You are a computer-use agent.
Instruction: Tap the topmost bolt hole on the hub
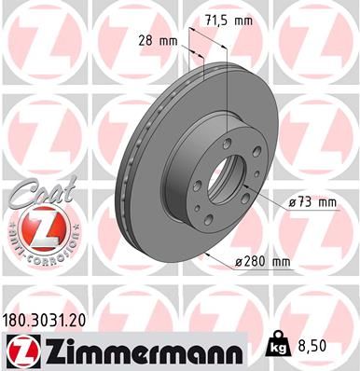coord(230,137)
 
